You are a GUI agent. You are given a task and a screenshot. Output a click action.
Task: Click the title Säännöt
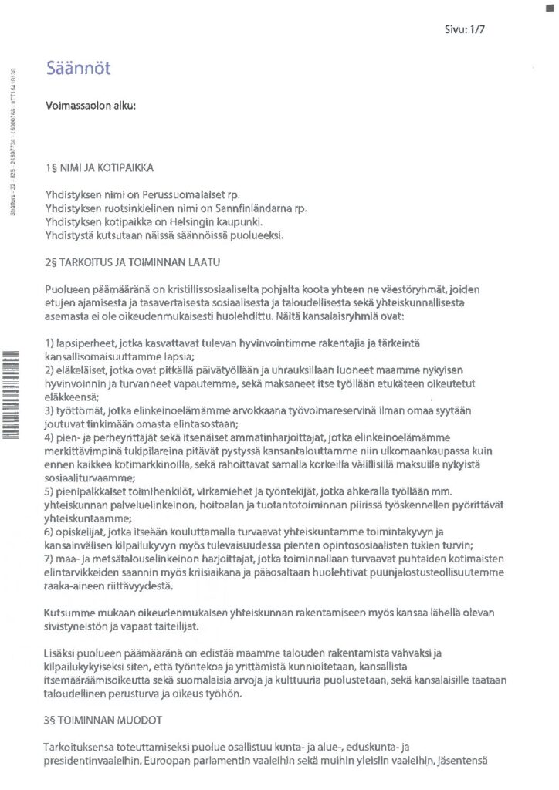(78, 68)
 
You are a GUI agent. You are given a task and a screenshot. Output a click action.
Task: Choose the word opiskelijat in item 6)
(82, 532)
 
